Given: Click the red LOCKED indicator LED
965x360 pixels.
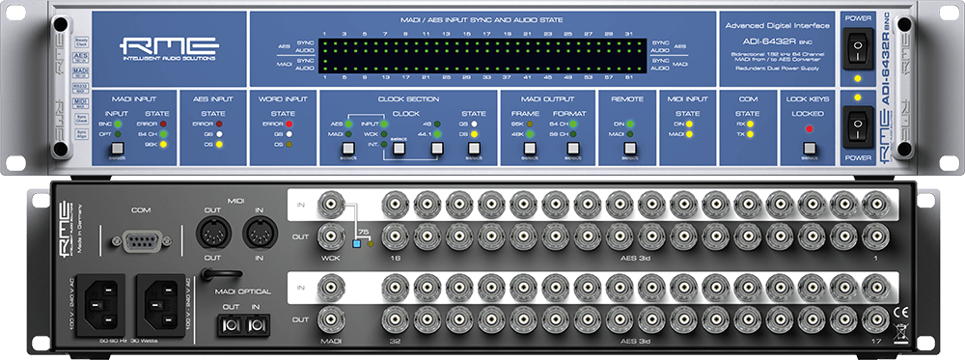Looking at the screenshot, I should [x=809, y=128].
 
